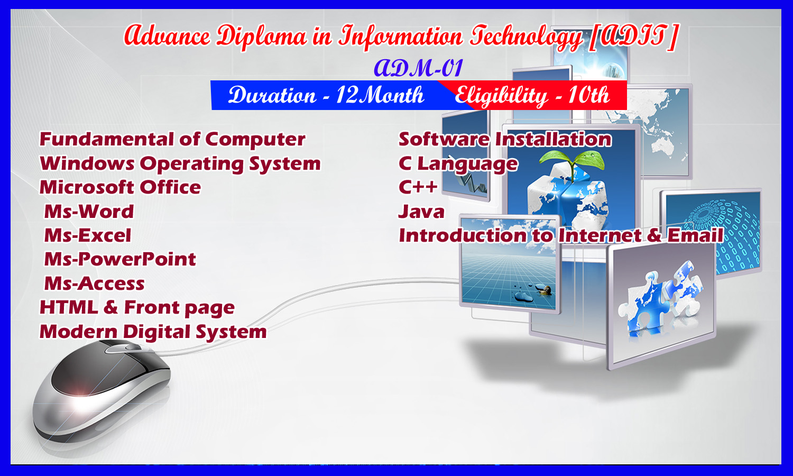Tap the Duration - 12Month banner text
tap(326, 95)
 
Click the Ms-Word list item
tap(89, 212)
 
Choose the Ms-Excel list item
tap(87, 235)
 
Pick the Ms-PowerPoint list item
tap(119, 259)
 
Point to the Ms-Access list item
tap(94, 283)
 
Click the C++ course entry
tap(418, 187)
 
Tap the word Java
tap(421, 212)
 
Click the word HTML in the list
tap(68, 307)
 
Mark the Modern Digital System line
tap(153, 332)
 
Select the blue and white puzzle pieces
tap(660, 300)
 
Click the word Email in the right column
tap(695, 235)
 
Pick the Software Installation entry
tap(505, 139)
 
